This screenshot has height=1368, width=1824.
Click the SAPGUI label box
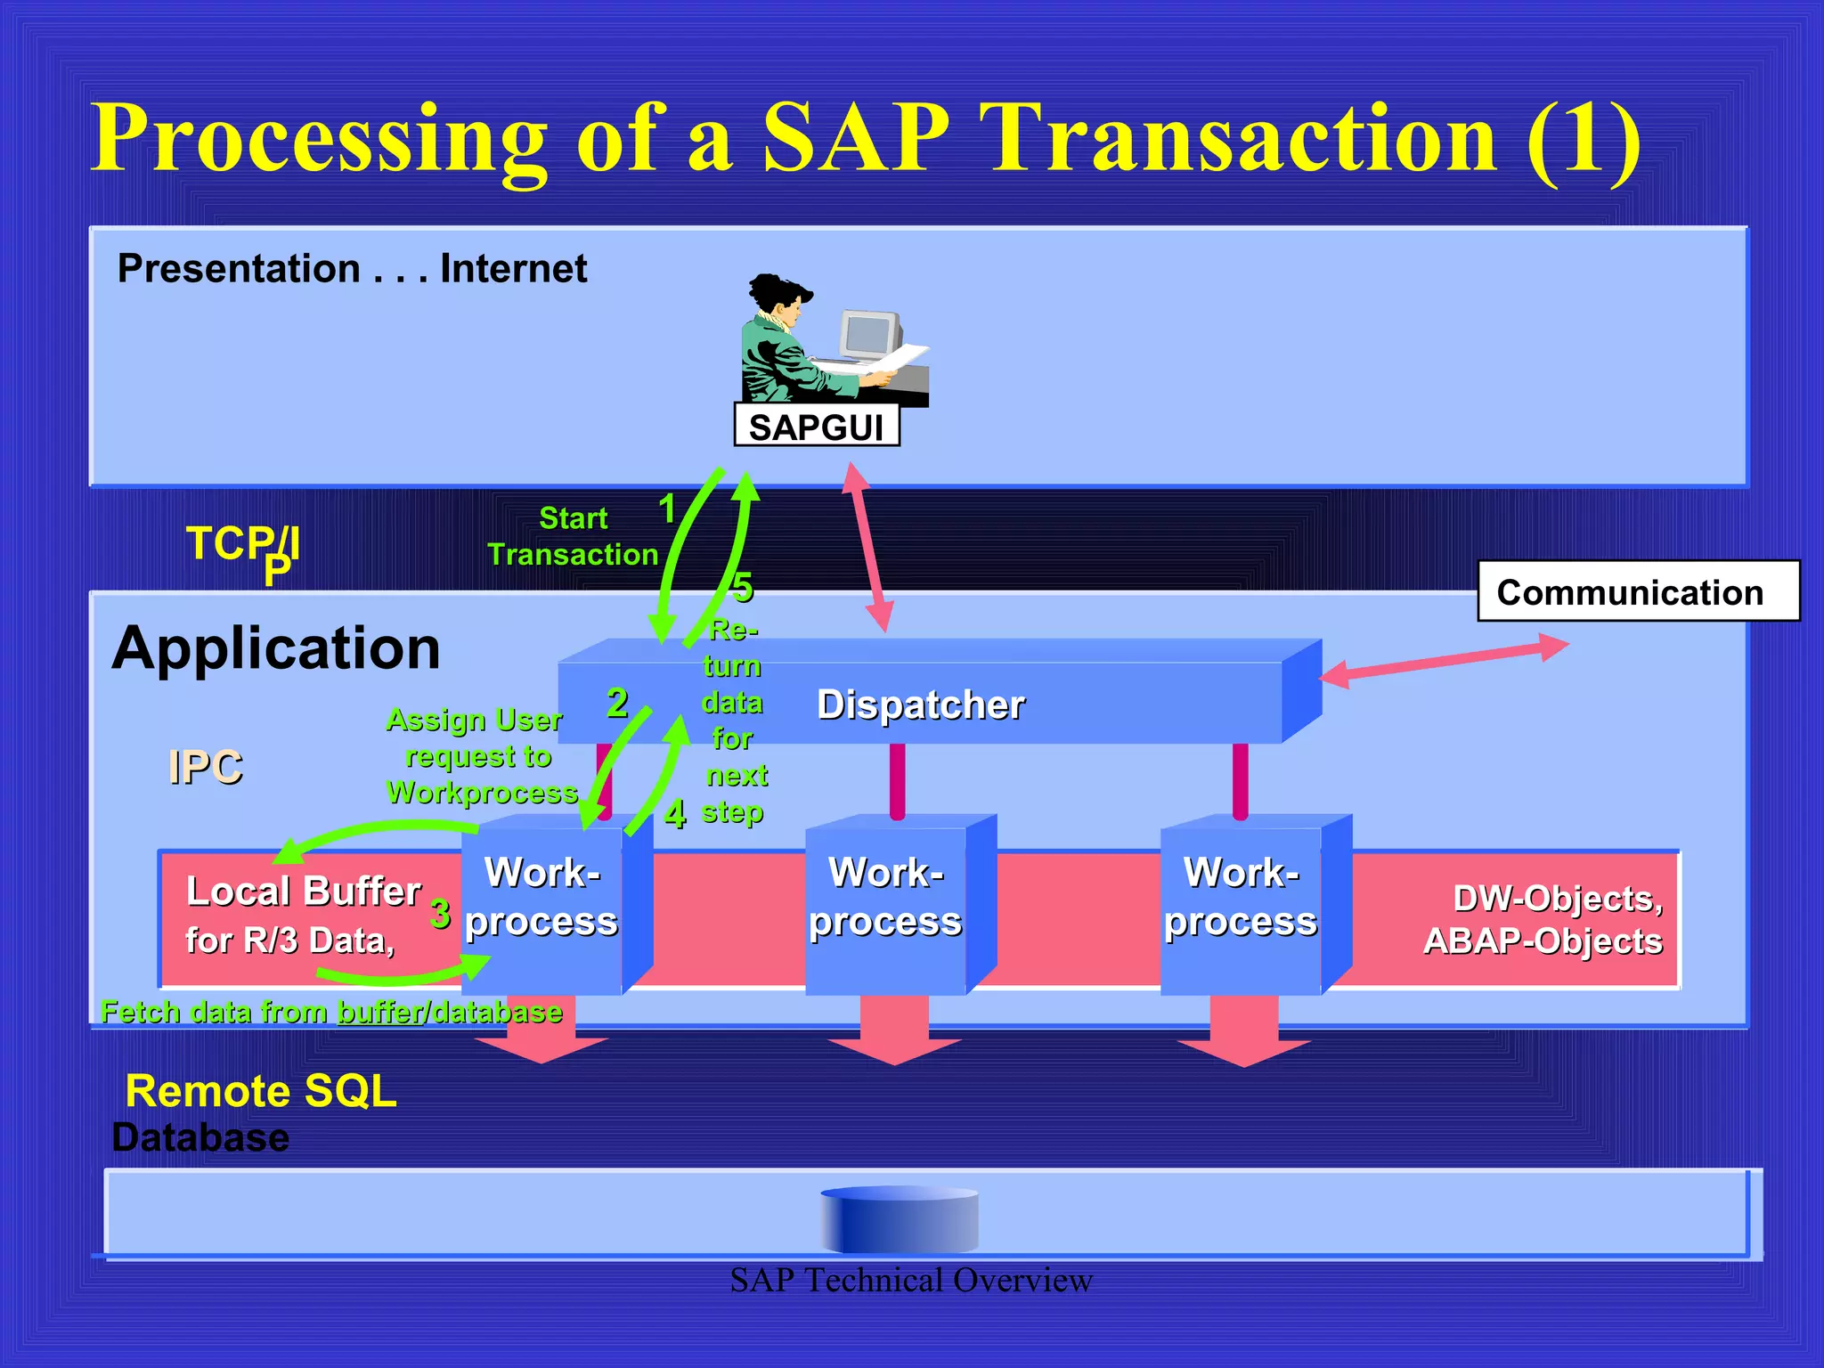point(816,427)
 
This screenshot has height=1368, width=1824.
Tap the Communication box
point(1637,591)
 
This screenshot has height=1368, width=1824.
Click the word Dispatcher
point(921,704)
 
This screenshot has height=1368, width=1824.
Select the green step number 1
point(667,509)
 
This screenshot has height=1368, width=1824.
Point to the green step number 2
point(617,704)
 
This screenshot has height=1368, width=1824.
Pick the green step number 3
point(440,914)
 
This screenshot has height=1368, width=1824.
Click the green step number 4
point(675,813)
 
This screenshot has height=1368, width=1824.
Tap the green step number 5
point(743,588)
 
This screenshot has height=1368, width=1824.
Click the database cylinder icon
point(899,1219)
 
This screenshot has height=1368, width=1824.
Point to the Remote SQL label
point(260,1091)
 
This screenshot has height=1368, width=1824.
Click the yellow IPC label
point(205,767)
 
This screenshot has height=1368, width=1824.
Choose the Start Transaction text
point(573,536)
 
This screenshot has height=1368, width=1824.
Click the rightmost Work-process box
point(1241,908)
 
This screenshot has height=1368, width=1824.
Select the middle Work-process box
point(885,908)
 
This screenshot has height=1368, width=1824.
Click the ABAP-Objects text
point(1543,941)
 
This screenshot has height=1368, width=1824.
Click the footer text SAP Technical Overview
point(910,1281)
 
